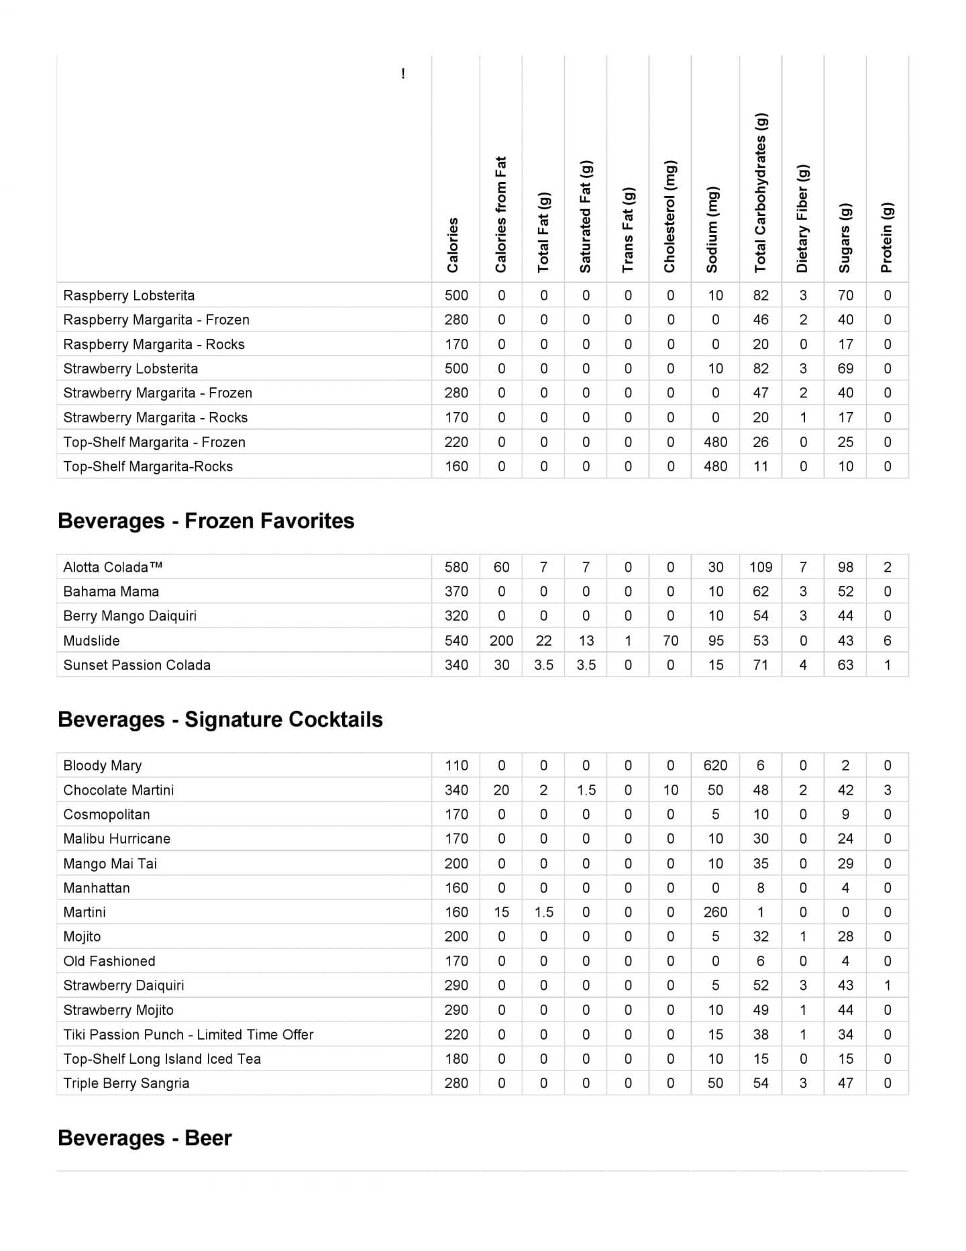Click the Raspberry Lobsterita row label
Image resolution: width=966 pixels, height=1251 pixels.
point(129,295)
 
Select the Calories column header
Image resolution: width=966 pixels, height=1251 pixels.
point(453,245)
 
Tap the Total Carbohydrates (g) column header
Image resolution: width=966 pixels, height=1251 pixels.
point(760,193)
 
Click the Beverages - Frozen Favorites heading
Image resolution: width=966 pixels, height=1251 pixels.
point(206,521)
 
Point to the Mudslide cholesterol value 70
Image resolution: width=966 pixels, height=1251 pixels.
point(670,640)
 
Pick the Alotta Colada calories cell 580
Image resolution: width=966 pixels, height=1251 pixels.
point(456,567)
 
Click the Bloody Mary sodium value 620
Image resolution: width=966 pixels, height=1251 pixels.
point(715,765)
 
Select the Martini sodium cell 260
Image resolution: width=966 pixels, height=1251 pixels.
point(715,912)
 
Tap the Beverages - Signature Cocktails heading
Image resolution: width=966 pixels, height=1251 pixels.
point(220,719)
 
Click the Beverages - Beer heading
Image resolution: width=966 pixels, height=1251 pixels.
point(145,1138)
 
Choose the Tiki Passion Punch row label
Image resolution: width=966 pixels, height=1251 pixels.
point(189,1034)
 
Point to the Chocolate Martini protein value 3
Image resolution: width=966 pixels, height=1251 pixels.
point(887,790)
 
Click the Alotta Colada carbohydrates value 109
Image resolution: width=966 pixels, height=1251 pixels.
point(761,567)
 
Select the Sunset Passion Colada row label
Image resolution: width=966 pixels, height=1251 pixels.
point(137,665)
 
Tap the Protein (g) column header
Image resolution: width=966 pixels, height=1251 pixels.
point(887,237)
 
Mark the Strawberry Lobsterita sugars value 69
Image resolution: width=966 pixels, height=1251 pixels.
point(845,368)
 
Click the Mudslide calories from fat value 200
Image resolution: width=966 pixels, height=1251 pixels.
point(501,640)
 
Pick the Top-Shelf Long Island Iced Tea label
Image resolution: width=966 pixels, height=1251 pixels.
point(162,1059)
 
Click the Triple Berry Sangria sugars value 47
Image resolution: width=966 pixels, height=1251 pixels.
point(845,1083)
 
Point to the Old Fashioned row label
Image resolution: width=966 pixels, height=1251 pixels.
point(109,961)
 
